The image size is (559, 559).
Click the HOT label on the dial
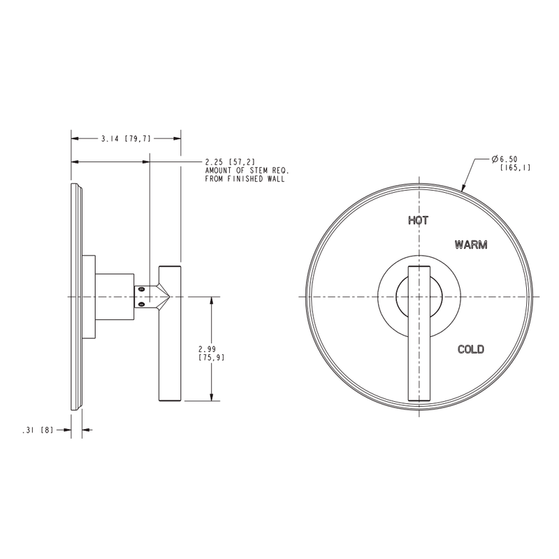pyautogui.click(x=418, y=220)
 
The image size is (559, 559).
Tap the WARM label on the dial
pyautogui.click(x=471, y=245)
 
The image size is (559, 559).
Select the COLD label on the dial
pyautogui.click(x=471, y=349)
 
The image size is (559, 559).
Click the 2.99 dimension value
pyautogui.click(x=207, y=349)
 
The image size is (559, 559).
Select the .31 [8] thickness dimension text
pyautogui.click(x=38, y=430)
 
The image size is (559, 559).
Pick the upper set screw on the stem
pyautogui.click(x=142, y=289)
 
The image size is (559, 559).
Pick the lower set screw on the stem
pyautogui.click(x=142, y=304)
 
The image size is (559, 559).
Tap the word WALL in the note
pyautogui.click(x=276, y=179)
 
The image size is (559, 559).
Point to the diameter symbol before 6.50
pyautogui.click(x=495, y=159)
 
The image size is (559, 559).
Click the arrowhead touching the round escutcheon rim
pyautogui.click(x=464, y=187)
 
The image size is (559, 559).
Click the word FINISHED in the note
pyautogui.click(x=245, y=179)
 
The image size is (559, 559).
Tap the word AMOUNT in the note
pyautogui.click(x=218, y=170)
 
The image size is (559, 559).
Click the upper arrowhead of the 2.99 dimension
pyautogui.click(x=212, y=301)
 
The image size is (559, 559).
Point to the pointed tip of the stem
pyautogui.click(x=170, y=296)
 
